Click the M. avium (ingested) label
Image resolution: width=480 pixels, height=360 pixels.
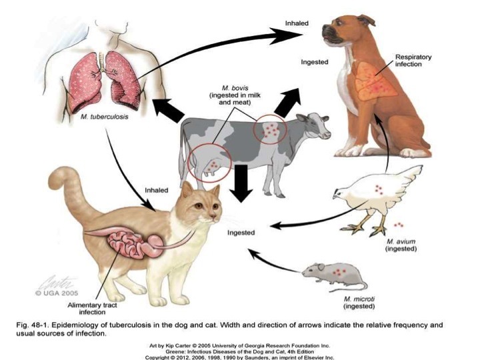point(401,244)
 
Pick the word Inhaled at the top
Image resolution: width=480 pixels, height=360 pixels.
point(297,23)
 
